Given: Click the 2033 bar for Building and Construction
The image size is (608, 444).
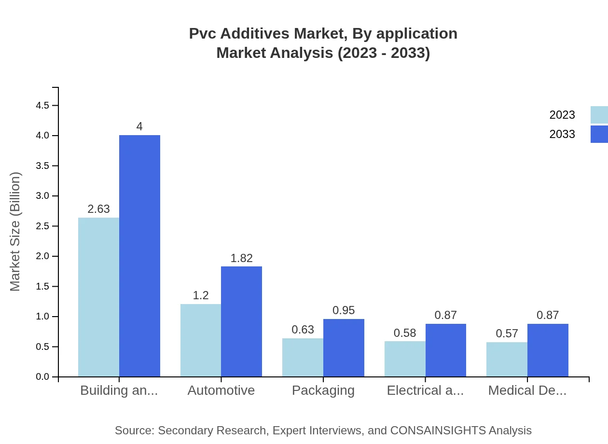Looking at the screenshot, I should coord(139,256).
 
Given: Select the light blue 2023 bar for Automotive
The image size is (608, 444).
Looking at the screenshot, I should coord(201,340).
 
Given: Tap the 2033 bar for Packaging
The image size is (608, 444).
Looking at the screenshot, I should coord(344,347).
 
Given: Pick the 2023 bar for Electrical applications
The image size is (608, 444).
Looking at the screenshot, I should coord(405,359).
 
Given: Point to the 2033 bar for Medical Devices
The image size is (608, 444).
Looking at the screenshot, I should coord(548,350).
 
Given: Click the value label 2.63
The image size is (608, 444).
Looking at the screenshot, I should coord(98,209).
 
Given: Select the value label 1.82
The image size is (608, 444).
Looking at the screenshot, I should coord(241,258).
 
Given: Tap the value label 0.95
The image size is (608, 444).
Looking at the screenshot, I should coord(344,310).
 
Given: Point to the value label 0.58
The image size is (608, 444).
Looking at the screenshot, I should coord(405,333).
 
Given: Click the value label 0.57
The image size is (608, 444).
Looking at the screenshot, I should coord(507,333).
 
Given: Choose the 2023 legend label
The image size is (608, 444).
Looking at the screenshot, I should coord(562,115).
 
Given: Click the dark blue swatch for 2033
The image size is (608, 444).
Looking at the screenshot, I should coord(599,134).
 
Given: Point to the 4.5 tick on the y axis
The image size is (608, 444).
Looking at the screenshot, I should coord(43,105).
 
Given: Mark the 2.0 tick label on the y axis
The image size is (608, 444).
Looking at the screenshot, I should coord(43,256).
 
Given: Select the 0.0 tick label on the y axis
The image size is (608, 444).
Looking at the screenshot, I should coord(43,377).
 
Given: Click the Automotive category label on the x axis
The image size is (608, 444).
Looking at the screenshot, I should coord(221,390).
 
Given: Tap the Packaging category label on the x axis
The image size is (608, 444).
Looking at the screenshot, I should coord(323,390).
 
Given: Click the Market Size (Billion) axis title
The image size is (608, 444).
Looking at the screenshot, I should coord(15,232).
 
